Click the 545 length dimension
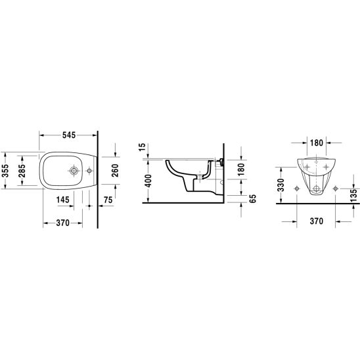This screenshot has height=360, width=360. click(x=69, y=135)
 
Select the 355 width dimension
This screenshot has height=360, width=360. click(x=5, y=171)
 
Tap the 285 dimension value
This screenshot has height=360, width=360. click(x=22, y=171)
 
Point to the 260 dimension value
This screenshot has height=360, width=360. click(x=115, y=170)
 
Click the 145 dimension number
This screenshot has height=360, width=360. click(x=63, y=200)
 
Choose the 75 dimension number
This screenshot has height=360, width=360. click(x=108, y=200)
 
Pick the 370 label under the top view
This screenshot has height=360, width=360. click(x=62, y=223)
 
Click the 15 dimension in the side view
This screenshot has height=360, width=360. click(x=142, y=147)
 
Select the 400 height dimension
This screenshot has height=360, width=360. click(x=148, y=181)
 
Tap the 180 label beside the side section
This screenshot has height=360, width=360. click(x=241, y=169)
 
